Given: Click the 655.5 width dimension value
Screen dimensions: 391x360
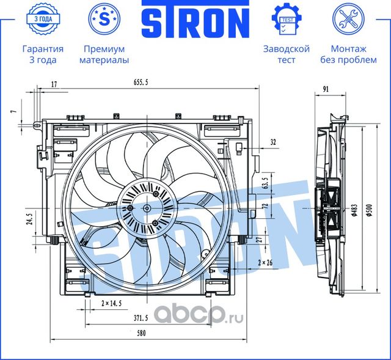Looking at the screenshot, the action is tap(141, 82).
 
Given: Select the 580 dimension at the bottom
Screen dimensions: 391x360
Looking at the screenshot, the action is tap(141, 333).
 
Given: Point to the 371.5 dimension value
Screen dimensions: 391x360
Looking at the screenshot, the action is tap(141, 318).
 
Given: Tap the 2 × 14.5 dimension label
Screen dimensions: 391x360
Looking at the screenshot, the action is tap(111, 303).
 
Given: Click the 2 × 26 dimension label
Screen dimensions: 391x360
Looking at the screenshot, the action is tap(265, 262).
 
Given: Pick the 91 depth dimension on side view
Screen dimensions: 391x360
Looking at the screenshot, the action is tap(326, 89).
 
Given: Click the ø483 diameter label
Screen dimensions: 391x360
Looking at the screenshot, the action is tap(354, 210).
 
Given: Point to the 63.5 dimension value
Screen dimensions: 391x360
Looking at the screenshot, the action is tap(265, 183).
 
